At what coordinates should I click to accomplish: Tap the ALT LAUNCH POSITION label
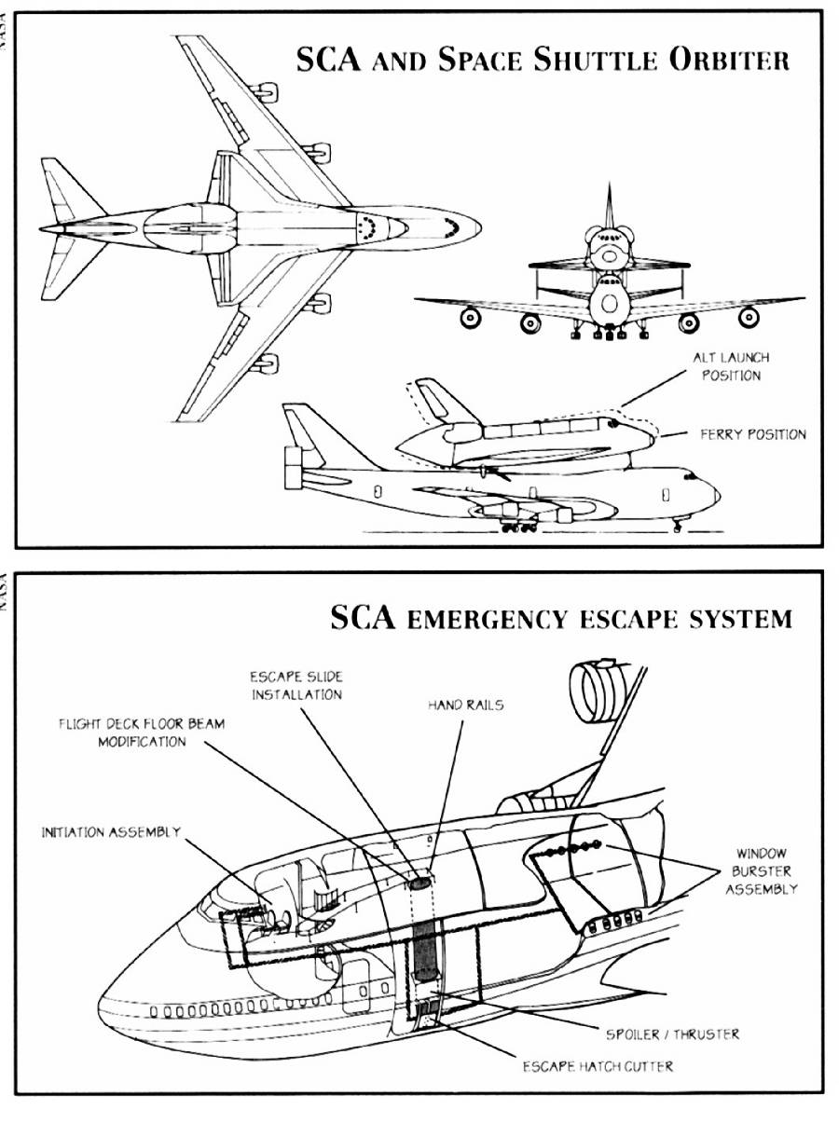click(x=731, y=366)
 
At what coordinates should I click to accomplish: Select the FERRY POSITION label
click(x=753, y=434)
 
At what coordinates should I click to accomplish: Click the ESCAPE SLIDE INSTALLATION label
click(x=296, y=686)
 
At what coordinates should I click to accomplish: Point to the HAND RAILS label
click(x=465, y=705)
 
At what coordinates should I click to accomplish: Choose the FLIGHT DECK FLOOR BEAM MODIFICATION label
click(x=142, y=733)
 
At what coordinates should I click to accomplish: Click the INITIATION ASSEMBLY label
click(x=111, y=832)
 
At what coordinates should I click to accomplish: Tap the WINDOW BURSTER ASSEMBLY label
click(x=762, y=870)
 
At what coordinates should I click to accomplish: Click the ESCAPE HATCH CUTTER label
click(x=598, y=1067)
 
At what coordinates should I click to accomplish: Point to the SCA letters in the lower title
click(x=364, y=617)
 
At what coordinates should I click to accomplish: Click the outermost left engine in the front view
click(x=471, y=318)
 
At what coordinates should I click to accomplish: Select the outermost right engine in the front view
click(x=749, y=317)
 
